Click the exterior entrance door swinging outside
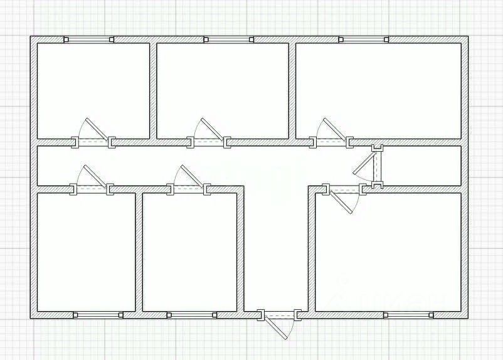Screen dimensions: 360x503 (x=280, y=316)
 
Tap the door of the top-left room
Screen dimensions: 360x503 (x=93, y=142)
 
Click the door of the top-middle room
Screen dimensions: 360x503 (x=209, y=142)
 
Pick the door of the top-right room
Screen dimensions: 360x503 (x=331, y=142)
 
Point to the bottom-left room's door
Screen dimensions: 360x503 (x=92, y=188)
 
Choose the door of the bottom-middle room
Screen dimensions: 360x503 (x=188, y=188)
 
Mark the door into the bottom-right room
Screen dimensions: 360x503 (x=344, y=188)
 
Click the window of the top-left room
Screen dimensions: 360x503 (x=89, y=40)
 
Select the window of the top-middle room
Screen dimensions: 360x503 (x=228, y=40)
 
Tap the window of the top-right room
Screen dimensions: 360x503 (x=364, y=40)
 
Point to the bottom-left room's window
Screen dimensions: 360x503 (x=98, y=315)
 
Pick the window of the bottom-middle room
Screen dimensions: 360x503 (x=191, y=315)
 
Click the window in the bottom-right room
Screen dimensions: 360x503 (x=408, y=315)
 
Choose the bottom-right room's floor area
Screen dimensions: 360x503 (x=388, y=251)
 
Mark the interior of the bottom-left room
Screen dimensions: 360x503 (x=86, y=251)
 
